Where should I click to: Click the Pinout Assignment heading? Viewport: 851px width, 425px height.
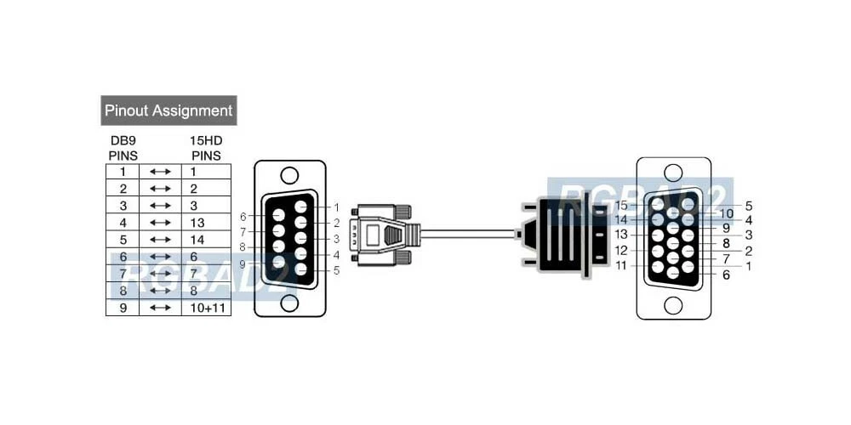click(168, 110)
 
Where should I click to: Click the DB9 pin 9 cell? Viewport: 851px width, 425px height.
click(123, 308)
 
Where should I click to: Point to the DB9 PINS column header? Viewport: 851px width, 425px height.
click(123, 148)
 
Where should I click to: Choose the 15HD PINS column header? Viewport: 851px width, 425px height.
click(205, 148)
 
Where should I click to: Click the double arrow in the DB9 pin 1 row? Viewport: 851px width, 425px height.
click(160, 172)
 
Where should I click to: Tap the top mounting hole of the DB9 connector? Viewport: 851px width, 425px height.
click(289, 176)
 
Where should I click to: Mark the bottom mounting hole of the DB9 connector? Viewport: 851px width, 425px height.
click(289, 302)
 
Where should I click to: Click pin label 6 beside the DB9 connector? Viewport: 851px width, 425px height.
click(243, 217)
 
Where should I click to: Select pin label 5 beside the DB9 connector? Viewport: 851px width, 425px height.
click(337, 271)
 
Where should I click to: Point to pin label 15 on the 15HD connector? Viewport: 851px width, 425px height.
click(621, 206)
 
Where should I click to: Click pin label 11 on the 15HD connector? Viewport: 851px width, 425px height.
click(621, 265)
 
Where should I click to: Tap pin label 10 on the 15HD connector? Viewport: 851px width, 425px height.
click(726, 213)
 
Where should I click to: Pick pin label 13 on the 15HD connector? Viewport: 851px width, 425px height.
click(621, 235)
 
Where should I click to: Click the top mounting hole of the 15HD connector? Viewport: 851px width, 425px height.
click(673, 171)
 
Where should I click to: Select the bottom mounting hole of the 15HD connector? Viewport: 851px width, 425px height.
click(673, 303)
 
